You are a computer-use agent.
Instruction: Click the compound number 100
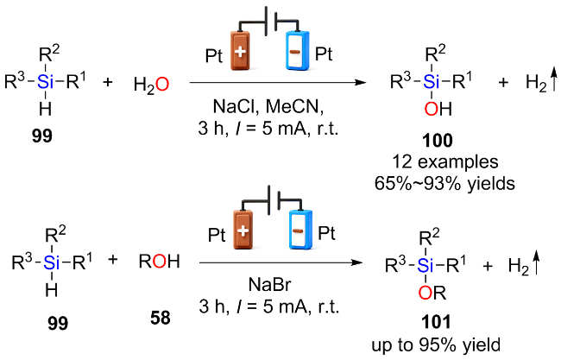pos(438,140)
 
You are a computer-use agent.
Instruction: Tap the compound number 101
pos(436,322)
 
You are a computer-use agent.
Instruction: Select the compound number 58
pos(161,318)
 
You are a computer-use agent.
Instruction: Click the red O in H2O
pos(162,85)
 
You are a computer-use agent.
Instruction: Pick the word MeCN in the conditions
pos(294,107)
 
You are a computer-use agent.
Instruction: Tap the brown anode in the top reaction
pos(240,51)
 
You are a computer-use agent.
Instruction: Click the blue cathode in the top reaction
pos(297,51)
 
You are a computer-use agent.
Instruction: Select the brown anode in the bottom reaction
pos(243,230)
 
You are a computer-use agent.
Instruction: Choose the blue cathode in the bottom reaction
pos(300,230)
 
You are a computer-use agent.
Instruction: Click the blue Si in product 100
pos(432,82)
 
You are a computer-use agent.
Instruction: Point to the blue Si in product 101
pos(425,266)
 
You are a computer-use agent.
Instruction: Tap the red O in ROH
pos(159,262)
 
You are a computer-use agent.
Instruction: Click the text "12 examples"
pos(445,161)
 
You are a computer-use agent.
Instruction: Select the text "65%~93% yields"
pos(444,184)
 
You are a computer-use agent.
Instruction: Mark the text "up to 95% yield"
pos(436,345)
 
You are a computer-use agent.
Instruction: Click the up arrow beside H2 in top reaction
pos(553,81)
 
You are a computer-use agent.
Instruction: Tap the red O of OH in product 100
pos(432,109)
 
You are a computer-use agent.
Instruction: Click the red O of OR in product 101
pos(425,293)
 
